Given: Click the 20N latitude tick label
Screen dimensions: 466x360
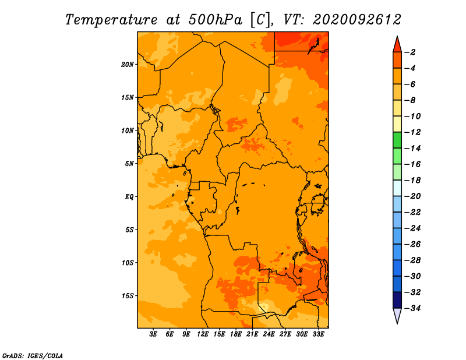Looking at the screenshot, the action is point(127,65).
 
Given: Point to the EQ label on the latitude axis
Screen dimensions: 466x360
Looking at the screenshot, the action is point(129,197).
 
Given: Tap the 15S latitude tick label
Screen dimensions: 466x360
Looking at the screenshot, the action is point(127,296).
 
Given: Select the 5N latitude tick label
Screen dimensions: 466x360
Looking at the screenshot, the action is point(129,164).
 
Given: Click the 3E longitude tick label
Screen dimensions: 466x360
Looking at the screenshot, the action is point(153,334).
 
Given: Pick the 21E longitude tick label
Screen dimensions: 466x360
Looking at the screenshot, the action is point(252,334).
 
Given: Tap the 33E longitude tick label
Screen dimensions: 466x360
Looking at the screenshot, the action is point(318,334).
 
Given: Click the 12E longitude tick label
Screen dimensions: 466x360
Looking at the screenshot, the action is point(203,334).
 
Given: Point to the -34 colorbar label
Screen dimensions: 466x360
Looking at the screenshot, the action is point(412,308).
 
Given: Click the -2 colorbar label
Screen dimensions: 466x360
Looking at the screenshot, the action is point(410,52).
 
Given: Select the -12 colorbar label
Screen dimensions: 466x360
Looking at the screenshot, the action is point(412,132).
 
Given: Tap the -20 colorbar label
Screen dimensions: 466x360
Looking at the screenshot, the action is point(412,196).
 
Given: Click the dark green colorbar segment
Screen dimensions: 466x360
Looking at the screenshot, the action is point(397,140).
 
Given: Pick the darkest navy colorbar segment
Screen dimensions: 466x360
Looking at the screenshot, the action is point(397,300).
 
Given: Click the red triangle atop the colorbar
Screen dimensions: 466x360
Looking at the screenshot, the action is point(397,45).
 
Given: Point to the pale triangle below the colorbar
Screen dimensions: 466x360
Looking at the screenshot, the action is point(397,315).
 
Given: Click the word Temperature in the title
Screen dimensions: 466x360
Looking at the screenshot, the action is point(111,20).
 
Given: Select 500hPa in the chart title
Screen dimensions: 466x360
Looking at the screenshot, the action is point(216,20).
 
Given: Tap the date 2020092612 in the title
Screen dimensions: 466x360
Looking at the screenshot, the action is point(357,20).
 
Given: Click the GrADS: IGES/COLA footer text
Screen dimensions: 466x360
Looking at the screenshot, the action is point(33,356).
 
